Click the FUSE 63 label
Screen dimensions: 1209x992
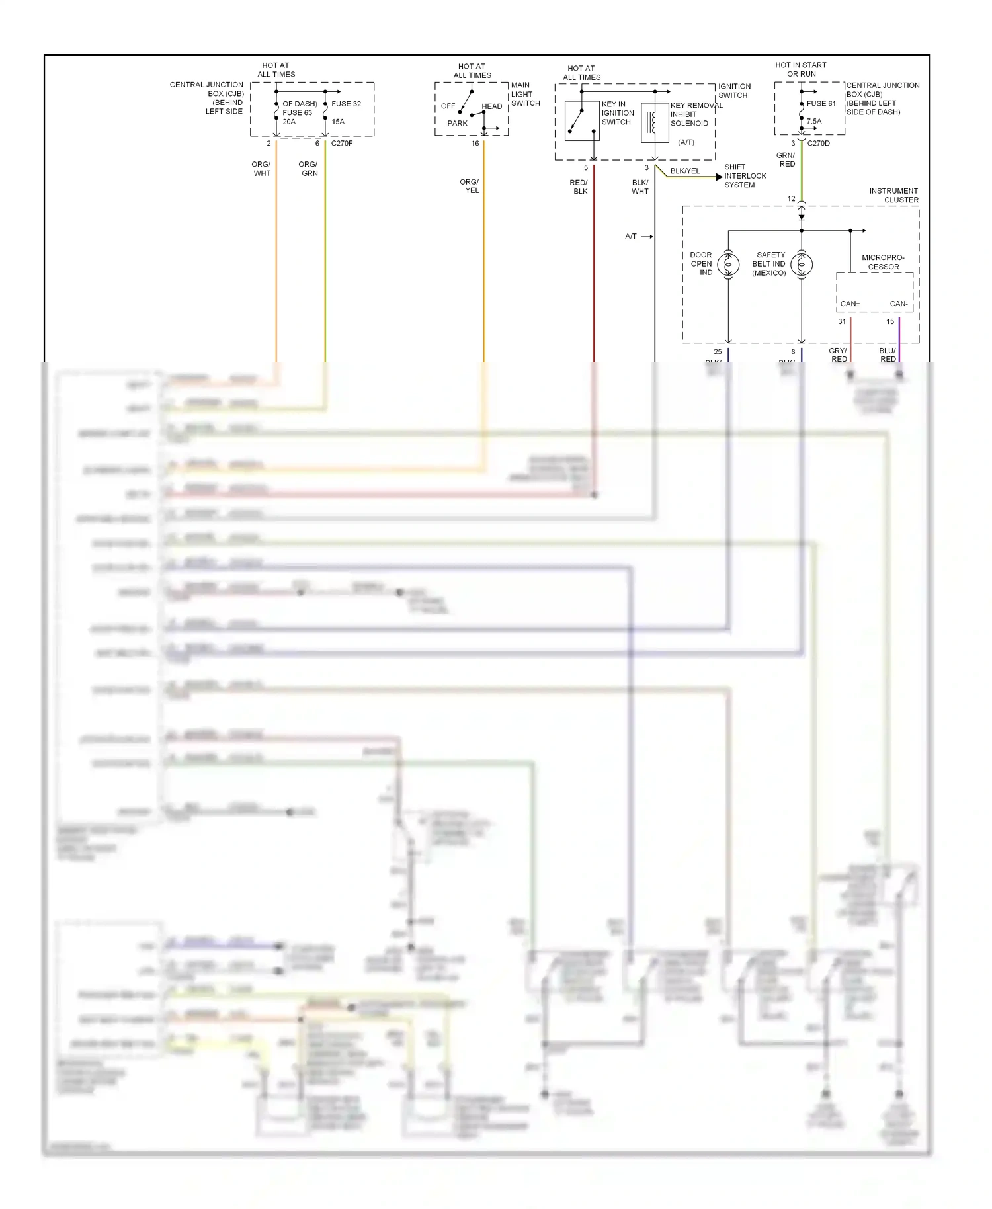(x=297, y=112)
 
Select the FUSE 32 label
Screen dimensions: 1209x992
(x=346, y=104)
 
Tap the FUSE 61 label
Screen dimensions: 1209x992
(x=821, y=103)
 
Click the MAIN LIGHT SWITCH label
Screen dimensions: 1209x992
(x=525, y=94)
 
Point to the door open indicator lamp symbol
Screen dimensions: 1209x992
(x=728, y=265)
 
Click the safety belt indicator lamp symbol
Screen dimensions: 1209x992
(x=802, y=265)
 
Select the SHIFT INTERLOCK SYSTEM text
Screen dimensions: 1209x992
(x=745, y=176)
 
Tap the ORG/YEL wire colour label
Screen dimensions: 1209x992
(x=470, y=186)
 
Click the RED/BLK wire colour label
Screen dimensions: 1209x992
(x=579, y=187)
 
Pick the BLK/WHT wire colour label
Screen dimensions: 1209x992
(x=640, y=187)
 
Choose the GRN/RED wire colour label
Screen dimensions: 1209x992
(x=786, y=159)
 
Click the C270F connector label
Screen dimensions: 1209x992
(x=342, y=143)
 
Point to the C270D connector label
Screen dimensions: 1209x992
(x=818, y=143)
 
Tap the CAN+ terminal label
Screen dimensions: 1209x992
(x=850, y=304)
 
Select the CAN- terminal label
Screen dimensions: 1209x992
(x=898, y=304)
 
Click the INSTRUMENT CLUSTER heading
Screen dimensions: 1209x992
(x=893, y=195)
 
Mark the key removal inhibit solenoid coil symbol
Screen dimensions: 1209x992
(x=655, y=122)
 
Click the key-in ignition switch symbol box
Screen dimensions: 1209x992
(x=582, y=121)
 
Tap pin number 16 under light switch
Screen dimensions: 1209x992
(x=475, y=143)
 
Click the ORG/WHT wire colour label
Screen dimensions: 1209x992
(x=261, y=169)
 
